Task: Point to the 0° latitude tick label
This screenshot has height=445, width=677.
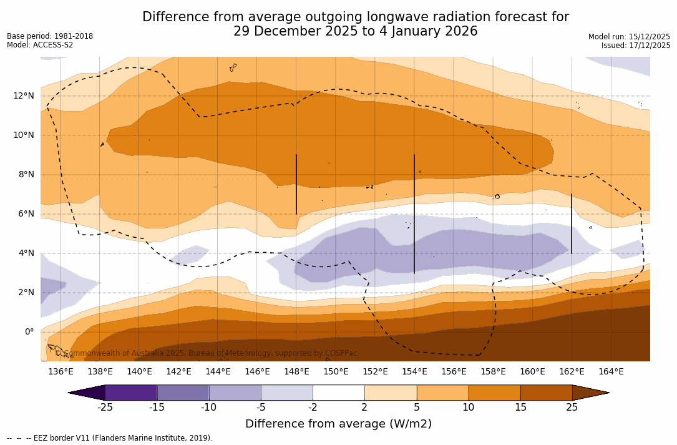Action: (x=29, y=331)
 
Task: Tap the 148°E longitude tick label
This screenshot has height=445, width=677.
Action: (x=296, y=372)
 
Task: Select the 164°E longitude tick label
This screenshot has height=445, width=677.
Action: (x=611, y=372)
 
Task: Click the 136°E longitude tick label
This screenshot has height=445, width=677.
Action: (x=61, y=372)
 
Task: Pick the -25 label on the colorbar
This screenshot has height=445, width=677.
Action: (x=105, y=408)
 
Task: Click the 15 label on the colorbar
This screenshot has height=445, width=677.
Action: (x=520, y=408)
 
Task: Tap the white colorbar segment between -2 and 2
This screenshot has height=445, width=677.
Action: (x=338, y=393)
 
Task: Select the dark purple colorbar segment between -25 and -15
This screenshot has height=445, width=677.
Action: (x=131, y=393)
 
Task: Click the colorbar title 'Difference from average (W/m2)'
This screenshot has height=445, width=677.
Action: (x=338, y=424)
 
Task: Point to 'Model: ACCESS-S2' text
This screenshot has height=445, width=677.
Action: (x=40, y=45)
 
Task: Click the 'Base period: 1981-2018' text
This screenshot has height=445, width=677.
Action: (x=50, y=36)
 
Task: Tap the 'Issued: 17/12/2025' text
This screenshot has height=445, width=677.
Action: (x=636, y=46)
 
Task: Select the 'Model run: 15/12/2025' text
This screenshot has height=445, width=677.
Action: (x=629, y=37)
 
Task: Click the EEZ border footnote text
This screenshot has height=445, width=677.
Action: (x=110, y=438)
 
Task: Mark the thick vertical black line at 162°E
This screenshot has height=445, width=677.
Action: (x=572, y=223)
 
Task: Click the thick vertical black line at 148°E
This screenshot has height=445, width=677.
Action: (x=296, y=184)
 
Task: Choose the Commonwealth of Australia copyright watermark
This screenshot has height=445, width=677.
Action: (x=206, y=353)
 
